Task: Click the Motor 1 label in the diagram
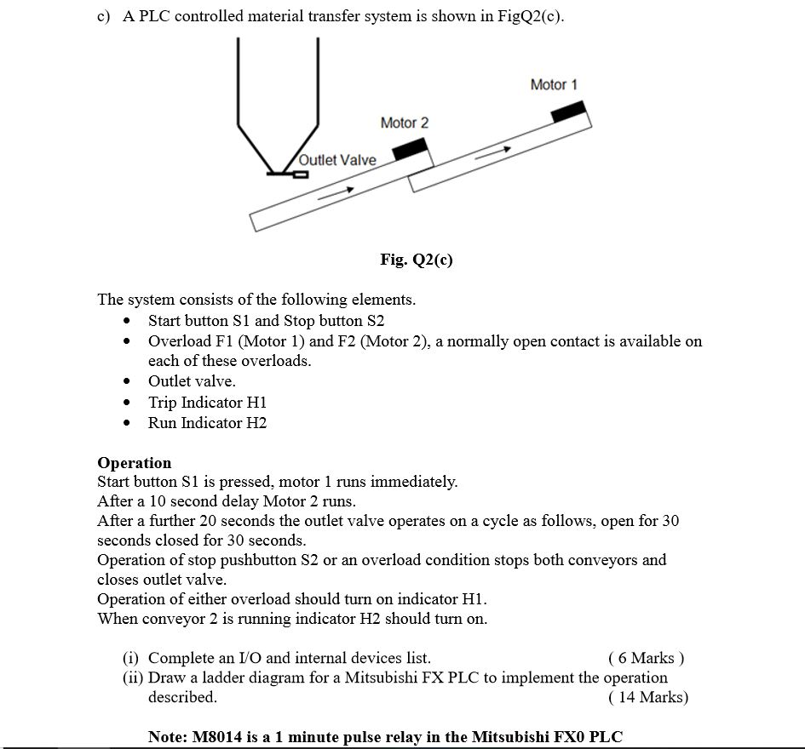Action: [x=553, y=84]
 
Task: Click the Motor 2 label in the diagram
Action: [x=404, y=123]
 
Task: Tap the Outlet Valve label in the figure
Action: [x=337, y=160]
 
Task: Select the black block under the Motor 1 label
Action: [x=568, y=111]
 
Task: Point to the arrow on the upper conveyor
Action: [x=492, y=154]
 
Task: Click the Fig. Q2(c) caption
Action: [x=416, y=260]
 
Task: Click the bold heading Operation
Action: [x=134, y=463]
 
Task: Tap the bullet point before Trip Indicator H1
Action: [x=127, y=403]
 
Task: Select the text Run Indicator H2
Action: [x=207, y=423]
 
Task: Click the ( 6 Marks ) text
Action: [x=646, y=658]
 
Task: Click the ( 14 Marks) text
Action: [x=647, y=698]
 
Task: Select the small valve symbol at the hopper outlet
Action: [x=299, y=174]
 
